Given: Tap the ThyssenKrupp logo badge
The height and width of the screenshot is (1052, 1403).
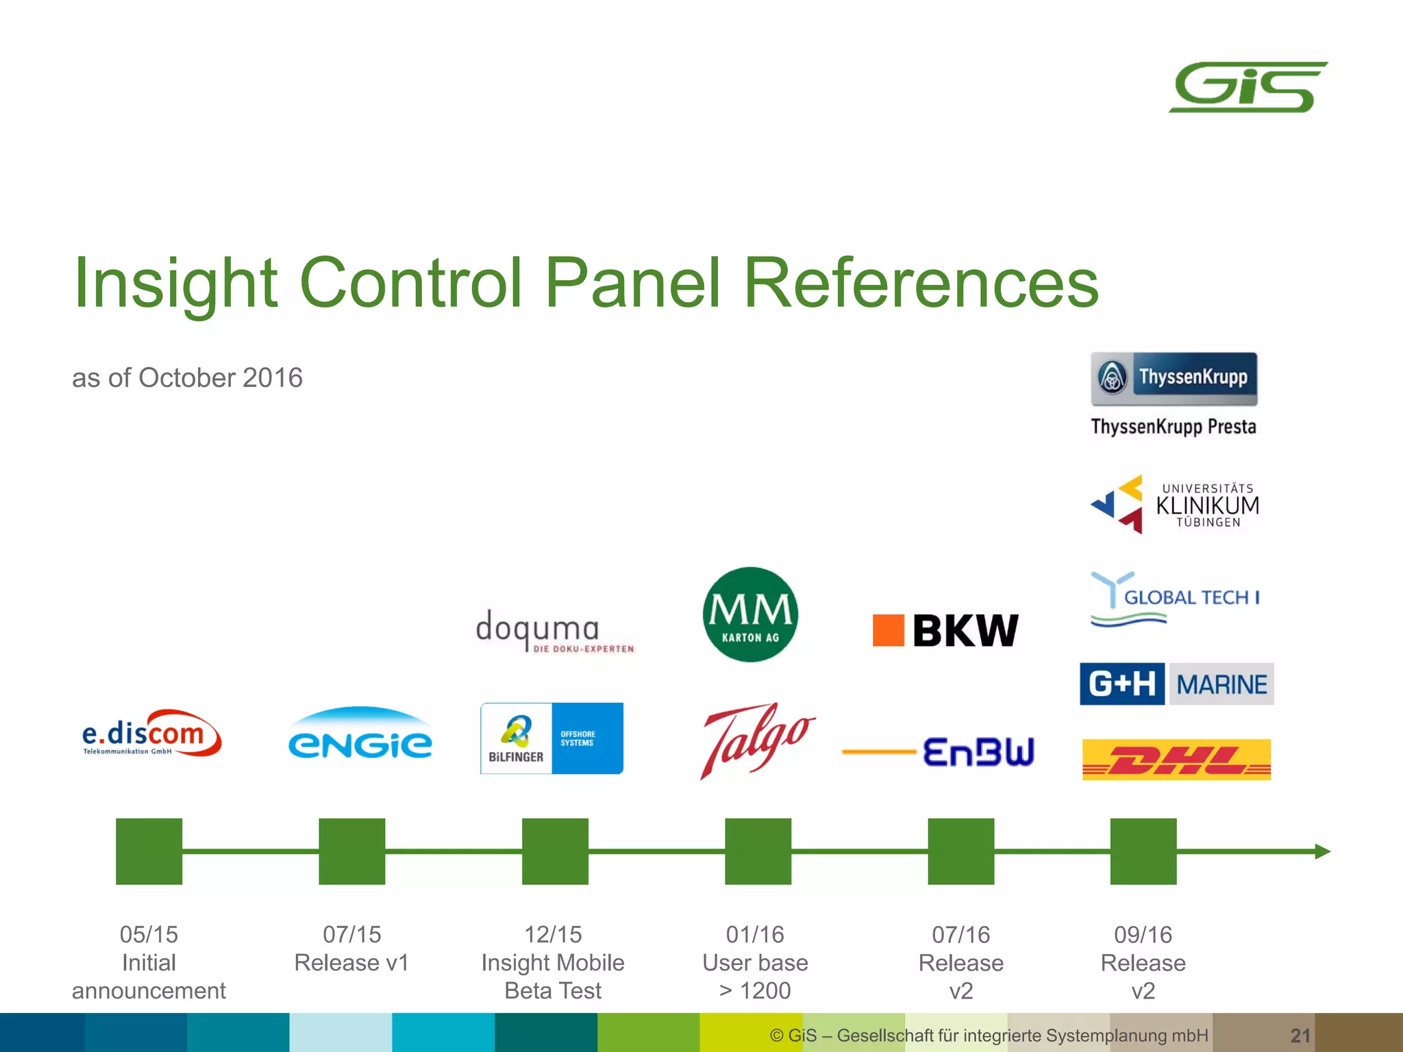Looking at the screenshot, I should pos(1174,378).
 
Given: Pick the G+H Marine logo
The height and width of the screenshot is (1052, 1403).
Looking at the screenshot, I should pos(1176,684).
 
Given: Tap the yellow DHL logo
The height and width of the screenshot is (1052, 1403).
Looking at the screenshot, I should pos(1176,759).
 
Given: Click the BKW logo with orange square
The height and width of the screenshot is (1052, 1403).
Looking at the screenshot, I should pos(945,630).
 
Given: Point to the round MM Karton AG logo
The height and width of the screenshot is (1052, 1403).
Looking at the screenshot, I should pos(750,614).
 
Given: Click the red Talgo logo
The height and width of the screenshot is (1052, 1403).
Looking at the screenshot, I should pos(756,740).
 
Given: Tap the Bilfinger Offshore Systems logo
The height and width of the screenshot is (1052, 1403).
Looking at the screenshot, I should pos(551,738).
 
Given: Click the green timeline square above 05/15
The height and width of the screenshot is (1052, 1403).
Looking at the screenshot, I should pos(149,851).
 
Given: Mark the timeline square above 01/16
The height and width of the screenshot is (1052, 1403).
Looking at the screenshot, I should pos(758,851).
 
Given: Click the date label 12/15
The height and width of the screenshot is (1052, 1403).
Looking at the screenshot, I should pos(553,934).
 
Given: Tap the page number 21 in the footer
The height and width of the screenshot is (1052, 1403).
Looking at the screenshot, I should pos(1300,1035).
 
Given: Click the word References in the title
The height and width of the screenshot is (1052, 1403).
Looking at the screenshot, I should pos(921,282).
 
